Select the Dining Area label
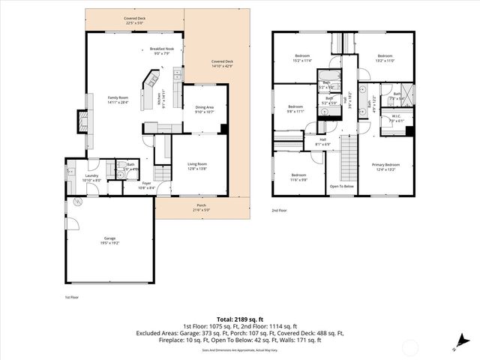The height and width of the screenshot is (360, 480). (205, 109)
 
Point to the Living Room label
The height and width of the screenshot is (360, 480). (197, 166)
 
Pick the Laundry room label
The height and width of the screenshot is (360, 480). (91, 178)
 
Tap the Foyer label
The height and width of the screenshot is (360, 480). (147, 185)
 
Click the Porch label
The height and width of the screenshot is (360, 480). (202, 208)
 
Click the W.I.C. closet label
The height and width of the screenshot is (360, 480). (396, 118)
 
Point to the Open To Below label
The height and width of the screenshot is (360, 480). (342, 186)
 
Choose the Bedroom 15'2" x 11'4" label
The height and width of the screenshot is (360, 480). (302, 58)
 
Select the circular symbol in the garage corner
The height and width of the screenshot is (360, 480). (77, 203)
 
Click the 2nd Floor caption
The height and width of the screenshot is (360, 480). (280, 211)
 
